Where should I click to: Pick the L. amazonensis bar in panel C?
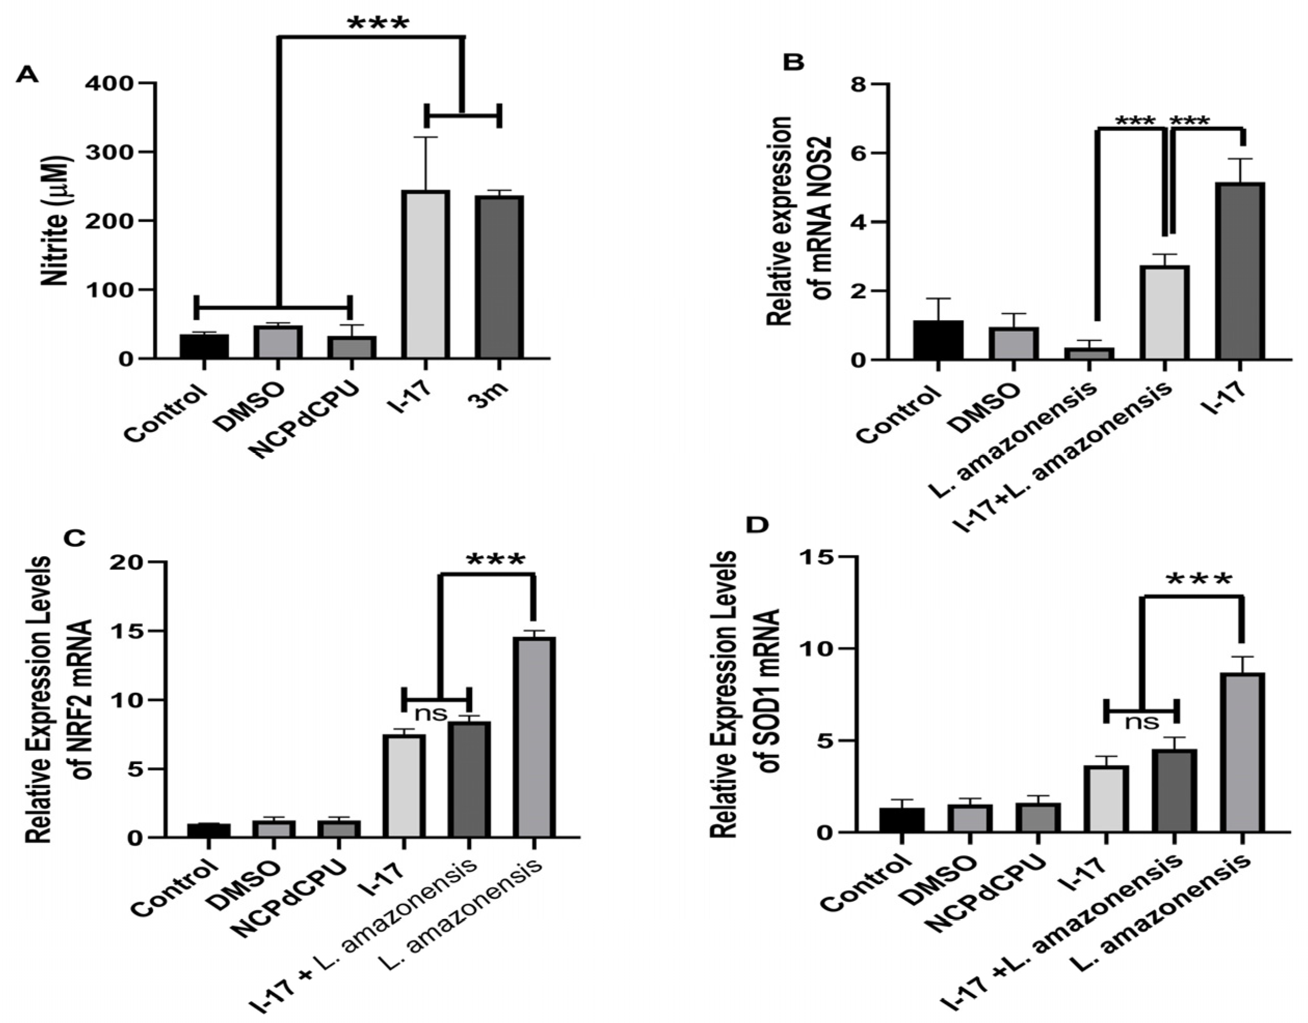pyautogui.click(x=537, y=737)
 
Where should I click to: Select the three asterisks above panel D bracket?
pyautogui.click(x=1198, y=580)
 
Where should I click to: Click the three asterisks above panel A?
pyautogui.click(x=378, y=24)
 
